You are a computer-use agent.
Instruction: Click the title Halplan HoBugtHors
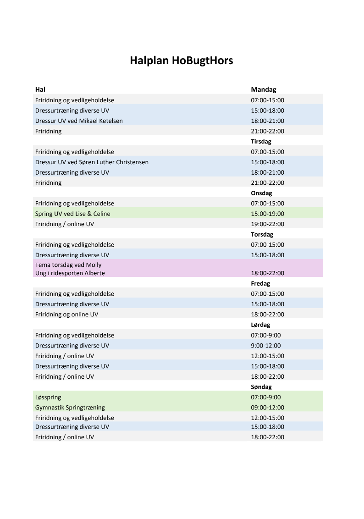[182, 61]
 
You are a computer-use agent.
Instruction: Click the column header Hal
[40, 89]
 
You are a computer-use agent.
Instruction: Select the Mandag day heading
[263, 89]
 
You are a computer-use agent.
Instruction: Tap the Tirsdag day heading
[261, 142]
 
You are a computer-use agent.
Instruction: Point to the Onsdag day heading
[261, 193]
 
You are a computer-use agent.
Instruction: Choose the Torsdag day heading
[262, 234]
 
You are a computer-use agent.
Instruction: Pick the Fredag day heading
[260, 283]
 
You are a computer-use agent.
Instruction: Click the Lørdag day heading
[261, 325]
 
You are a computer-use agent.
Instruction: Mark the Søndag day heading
[261, 387]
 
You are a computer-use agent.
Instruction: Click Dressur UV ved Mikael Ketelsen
[79, 121]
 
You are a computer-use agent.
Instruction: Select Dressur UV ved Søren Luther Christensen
[92, 162]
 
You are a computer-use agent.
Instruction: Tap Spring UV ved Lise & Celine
[72, 214]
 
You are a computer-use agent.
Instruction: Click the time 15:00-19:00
[267, 214]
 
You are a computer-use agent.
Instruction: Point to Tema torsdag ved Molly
[68, 265]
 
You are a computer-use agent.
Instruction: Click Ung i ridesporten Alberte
[70, 273]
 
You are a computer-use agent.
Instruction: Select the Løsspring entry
[48, 398]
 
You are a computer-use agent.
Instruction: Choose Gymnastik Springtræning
[70, 408]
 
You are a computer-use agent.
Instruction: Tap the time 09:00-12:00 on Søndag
[267, 408]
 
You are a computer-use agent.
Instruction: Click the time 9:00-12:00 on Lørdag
[266, 346]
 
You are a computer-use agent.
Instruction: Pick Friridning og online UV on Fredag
[66, 315]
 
